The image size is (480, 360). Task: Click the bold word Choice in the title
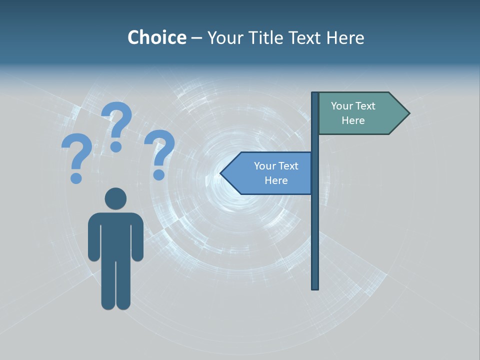coord(156,37)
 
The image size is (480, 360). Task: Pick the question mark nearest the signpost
coord(159,154)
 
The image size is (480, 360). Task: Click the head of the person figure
coord(115,198)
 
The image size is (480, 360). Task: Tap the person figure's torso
coord(115,235)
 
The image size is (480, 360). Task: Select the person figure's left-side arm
coord(94,237)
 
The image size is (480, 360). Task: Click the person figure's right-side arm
coord(137,237)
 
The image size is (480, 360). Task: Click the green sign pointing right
coord(357,113)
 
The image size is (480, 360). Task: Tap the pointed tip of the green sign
coord(407,113)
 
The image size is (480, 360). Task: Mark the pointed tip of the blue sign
coord(222,173)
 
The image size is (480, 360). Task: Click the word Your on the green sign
coord(342,106)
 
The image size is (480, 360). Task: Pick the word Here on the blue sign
coord(276,180)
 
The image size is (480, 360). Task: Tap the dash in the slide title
coord(196,38)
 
